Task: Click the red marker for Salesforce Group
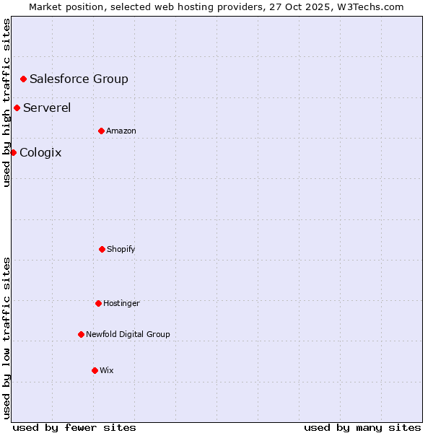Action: [x=23, y=79]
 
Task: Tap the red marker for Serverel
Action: [x=17, y=108]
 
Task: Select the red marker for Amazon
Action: [x=101, y=131]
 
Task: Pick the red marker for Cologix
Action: [x=13, y=152]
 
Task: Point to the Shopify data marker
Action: [x=102, y=249]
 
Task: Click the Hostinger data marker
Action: [x=98, y=303]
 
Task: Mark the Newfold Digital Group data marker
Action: [x=81, y=334]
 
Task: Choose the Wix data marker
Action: [x=95, y=370]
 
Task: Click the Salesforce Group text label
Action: [x=79, y=79]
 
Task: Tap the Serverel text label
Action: [x=47, y=108]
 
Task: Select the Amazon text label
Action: [x=121, y=131]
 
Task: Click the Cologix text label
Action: [x=40, y=152]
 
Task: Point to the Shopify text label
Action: [x=121, y=249]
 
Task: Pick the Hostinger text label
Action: [x=121, y=303]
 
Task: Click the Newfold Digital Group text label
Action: [x=128, y=334]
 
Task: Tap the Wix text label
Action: [x=107, y=370]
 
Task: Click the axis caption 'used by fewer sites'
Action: [x=74, y=427]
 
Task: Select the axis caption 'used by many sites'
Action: [x=362, y=427]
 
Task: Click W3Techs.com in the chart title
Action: [x=369, y=6]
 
